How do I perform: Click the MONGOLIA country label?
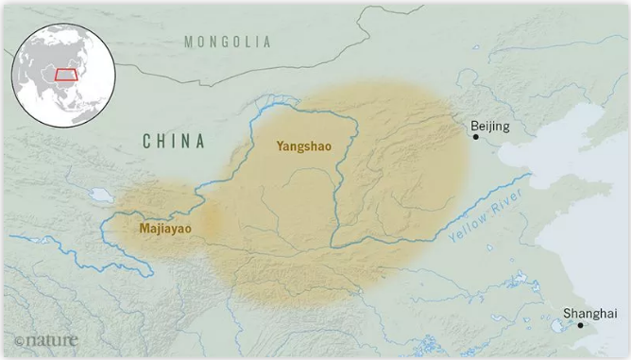point(227,42)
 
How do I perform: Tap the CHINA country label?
point(174,142)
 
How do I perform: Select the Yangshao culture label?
point(303,146)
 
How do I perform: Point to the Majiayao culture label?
point(171,228)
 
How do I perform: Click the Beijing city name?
point(489,126)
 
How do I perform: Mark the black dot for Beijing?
point(475,137)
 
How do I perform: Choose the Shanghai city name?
point(583,313)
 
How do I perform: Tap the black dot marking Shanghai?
point(581,325)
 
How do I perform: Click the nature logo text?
point(52,338)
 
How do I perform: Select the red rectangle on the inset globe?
point(66,74)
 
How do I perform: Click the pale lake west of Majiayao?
point(101,197)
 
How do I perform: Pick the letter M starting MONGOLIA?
point(190,42)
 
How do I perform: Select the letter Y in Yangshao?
point(281,146)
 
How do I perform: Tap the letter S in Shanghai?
point(567,313)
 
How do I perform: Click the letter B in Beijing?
point(473,126)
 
